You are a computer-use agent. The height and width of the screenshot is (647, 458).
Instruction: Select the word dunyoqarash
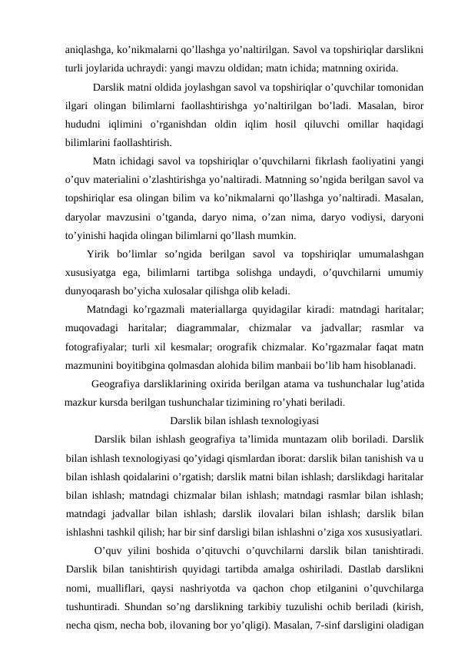pyautogui.click(x=95, y=291)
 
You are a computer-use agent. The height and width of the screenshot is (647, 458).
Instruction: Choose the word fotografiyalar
pyautogui.click(x=101, y=347)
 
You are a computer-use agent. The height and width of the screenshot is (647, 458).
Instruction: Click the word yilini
pyautogui.click(x=144, y=551)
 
